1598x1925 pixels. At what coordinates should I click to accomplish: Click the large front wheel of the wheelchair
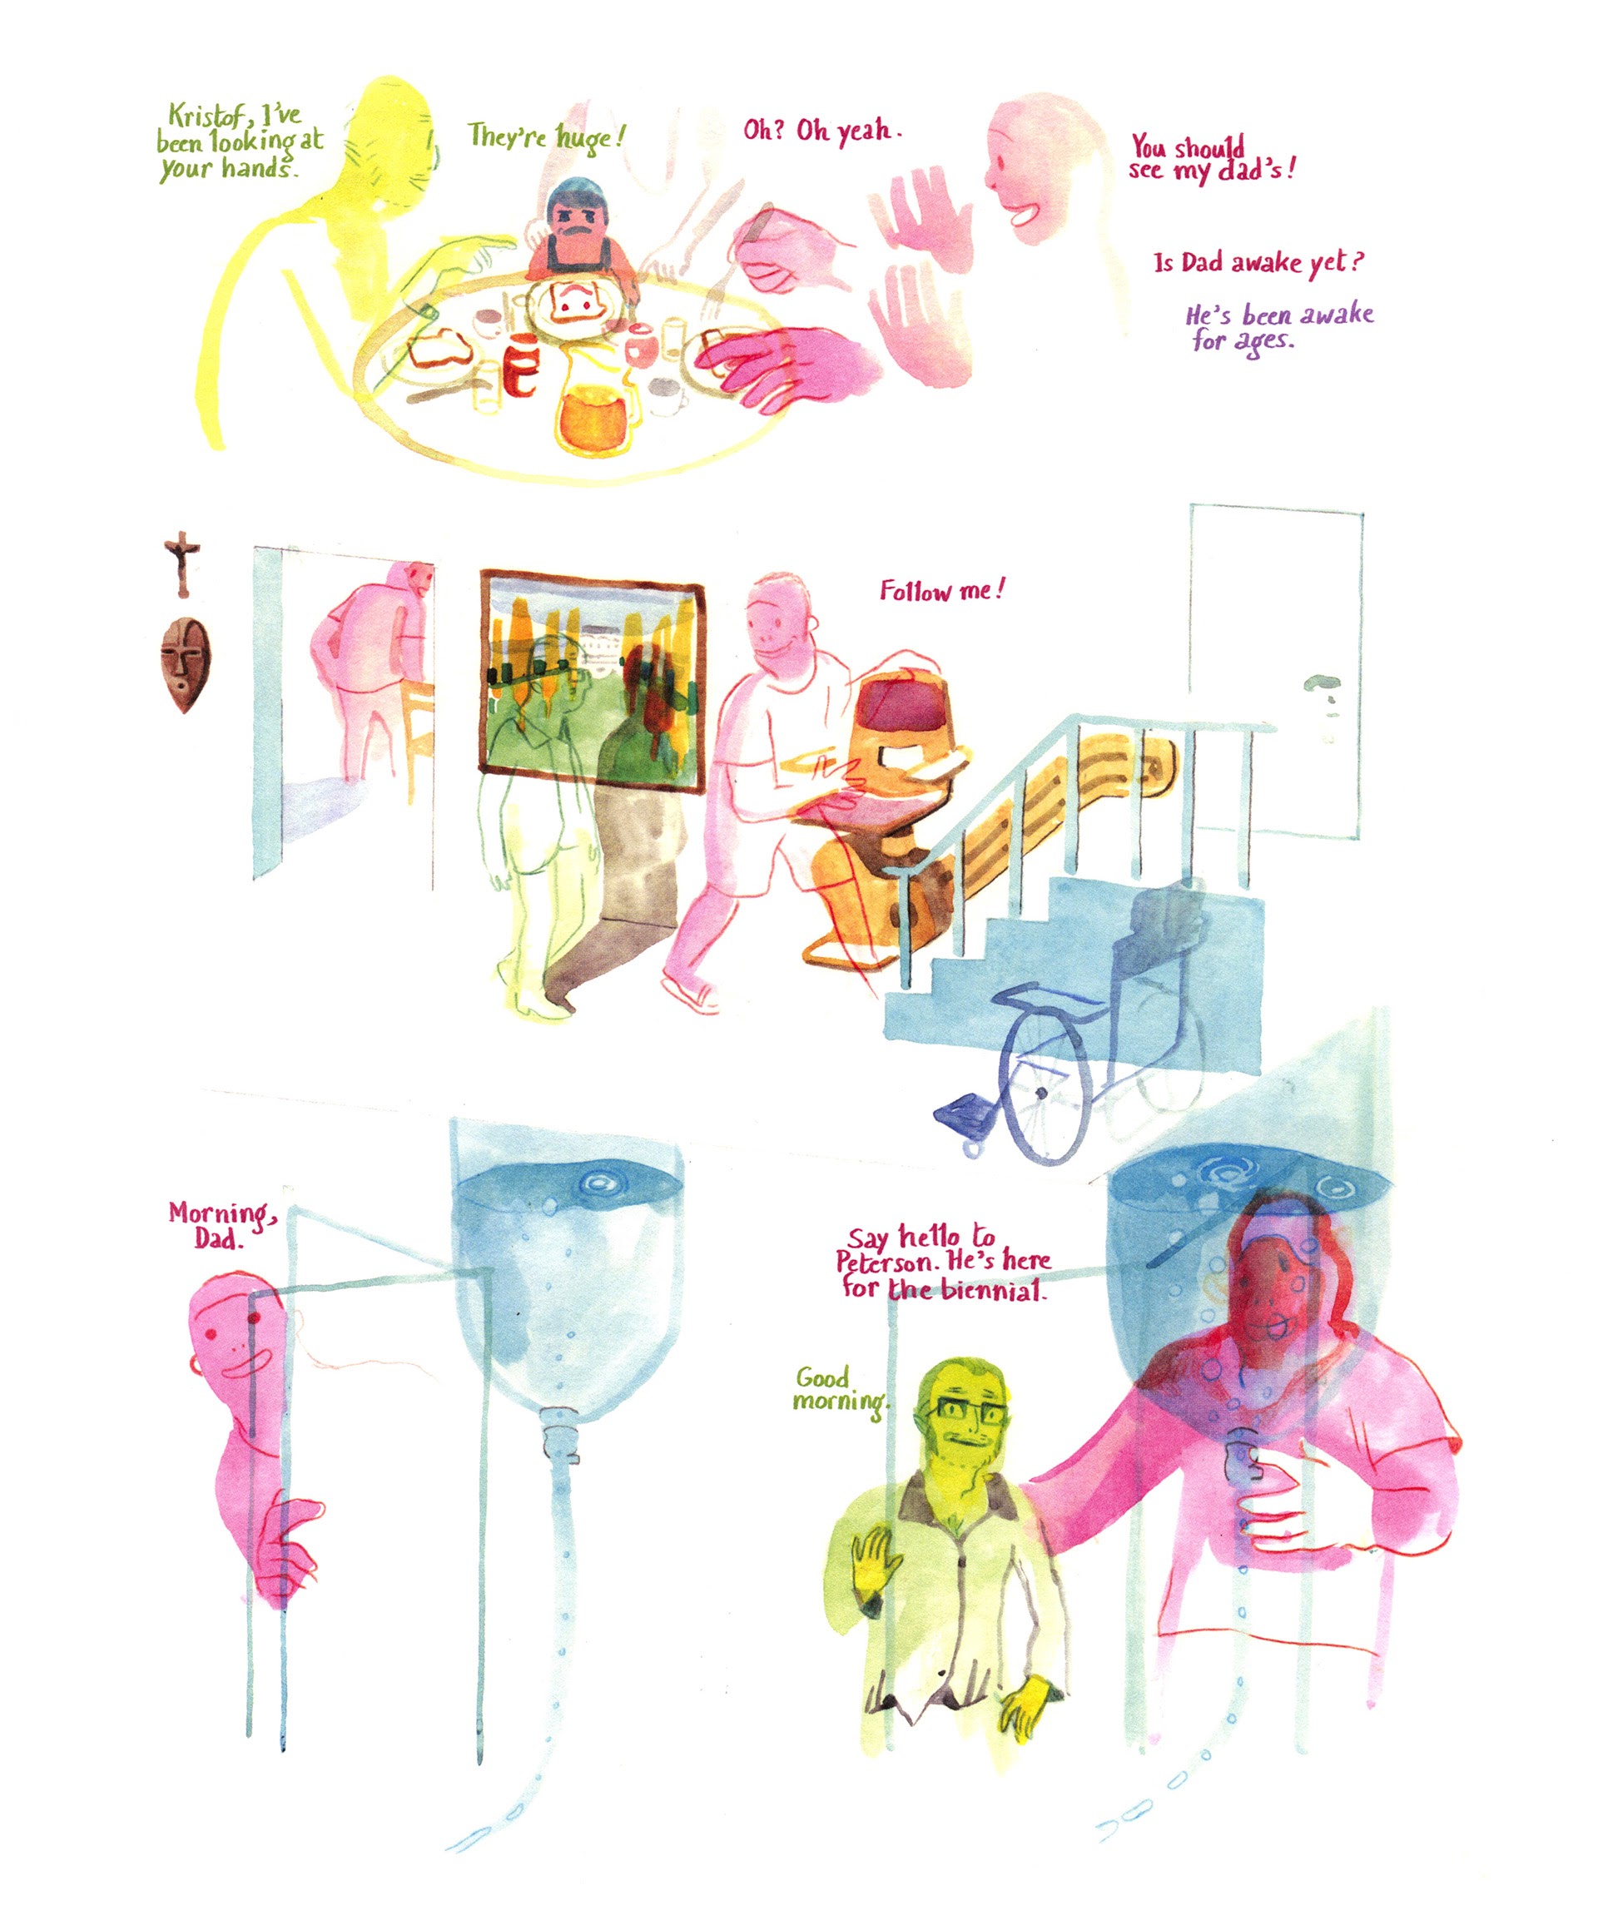1045,1094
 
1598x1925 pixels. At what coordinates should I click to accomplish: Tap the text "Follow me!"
941,590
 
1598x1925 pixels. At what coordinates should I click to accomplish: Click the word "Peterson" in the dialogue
886,1263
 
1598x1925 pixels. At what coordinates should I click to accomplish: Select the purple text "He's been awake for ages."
1279,327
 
